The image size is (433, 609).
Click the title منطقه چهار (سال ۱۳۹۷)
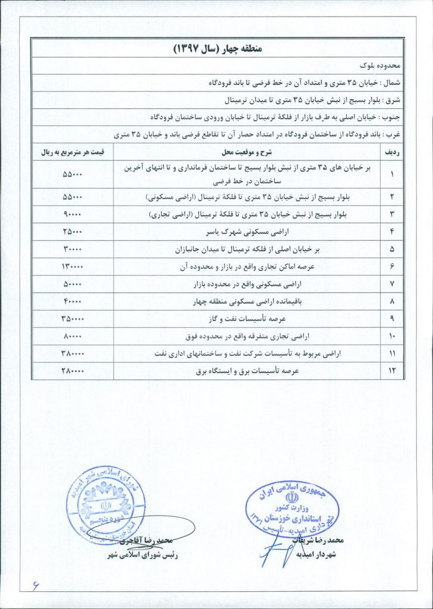tap(216, 48)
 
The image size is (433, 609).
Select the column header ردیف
tap(390, 152)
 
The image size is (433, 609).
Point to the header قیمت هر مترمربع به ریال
tap(73, 152)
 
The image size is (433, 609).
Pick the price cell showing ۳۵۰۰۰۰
tap(73, 319)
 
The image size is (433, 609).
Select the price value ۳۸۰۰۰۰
tap(73, 353)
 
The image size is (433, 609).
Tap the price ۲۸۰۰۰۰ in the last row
tap(73, 371)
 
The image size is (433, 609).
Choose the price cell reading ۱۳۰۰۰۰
tap(73, 266)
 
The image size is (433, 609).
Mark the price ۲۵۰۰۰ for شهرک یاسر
tap(73, 231)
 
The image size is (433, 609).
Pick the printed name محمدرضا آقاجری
tap(145, 542)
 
